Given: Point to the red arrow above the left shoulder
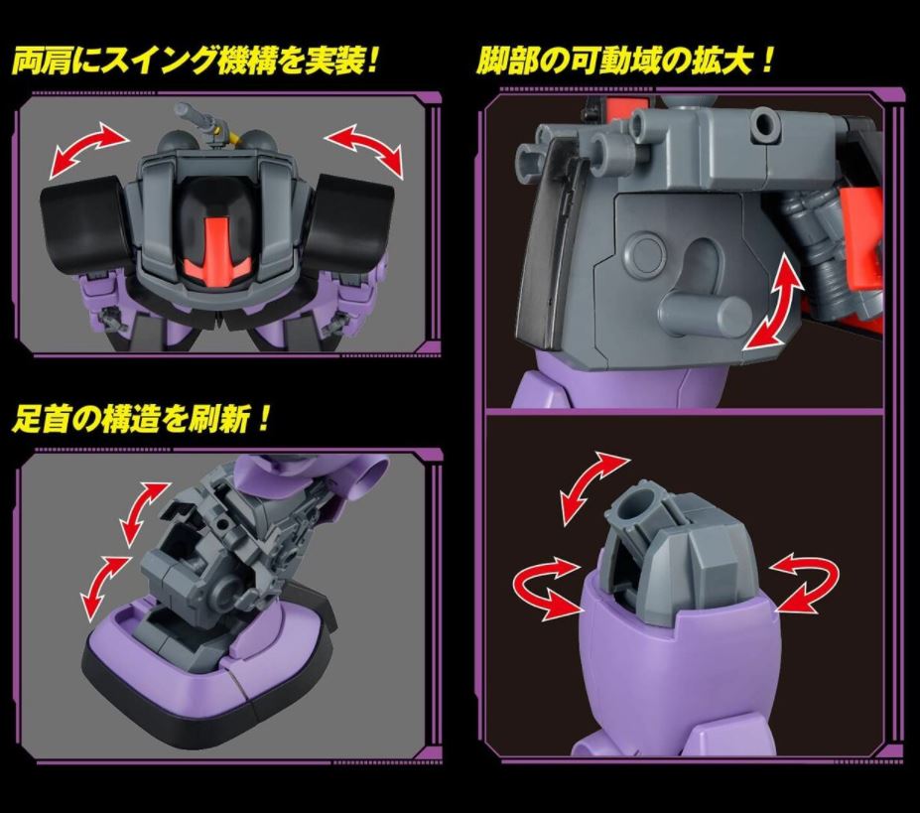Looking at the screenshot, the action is pos(88,149).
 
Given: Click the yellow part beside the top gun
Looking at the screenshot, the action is pos(224,139).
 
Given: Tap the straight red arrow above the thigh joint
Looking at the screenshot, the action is pos(593,487).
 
